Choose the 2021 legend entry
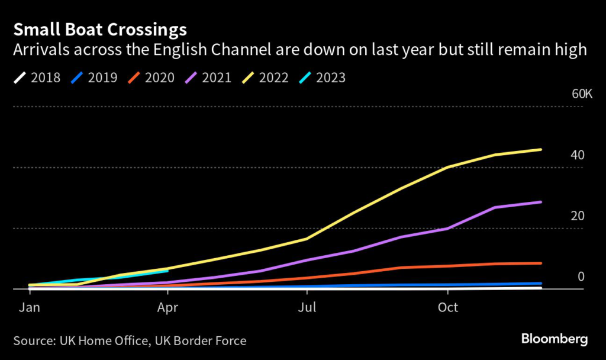coord(208,78)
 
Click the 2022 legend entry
coord(265,78)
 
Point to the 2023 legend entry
coord(322,78)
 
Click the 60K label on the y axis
coord(582,94)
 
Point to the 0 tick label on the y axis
coord(581,277)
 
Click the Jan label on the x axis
coord(29,308)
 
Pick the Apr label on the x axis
coord(168,308)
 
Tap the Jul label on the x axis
coord(307,308)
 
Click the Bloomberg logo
coord(555,339)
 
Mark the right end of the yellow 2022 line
coord(541,149)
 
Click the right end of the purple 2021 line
coord(541,202)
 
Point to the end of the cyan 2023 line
coord(168,271)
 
